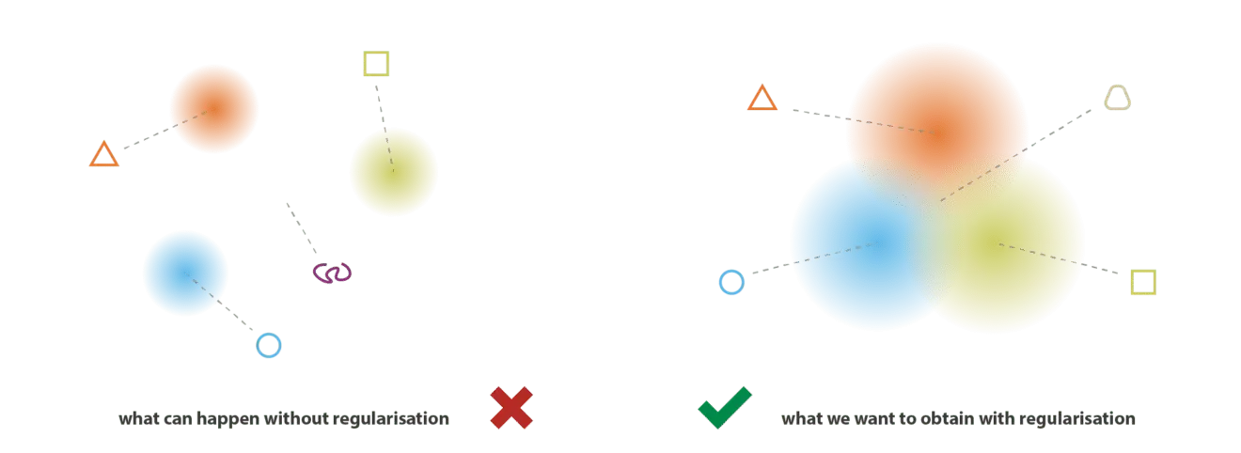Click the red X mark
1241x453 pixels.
tap(511, 408)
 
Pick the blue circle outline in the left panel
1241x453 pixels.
tap(269, 334)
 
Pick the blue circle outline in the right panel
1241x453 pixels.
tap(731, 271)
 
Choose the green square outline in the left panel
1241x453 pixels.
tap(376, 53)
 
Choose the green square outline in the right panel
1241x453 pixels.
tap(1143, 272)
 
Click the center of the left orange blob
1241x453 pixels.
tap(213, 108)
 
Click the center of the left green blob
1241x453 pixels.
tap(393, 172)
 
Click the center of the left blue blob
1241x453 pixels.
tap(185, 273)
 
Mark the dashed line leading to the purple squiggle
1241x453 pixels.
tap(302, 228)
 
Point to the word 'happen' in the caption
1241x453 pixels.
tap(228, 419)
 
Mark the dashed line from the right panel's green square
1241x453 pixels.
tap(1058, 258)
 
